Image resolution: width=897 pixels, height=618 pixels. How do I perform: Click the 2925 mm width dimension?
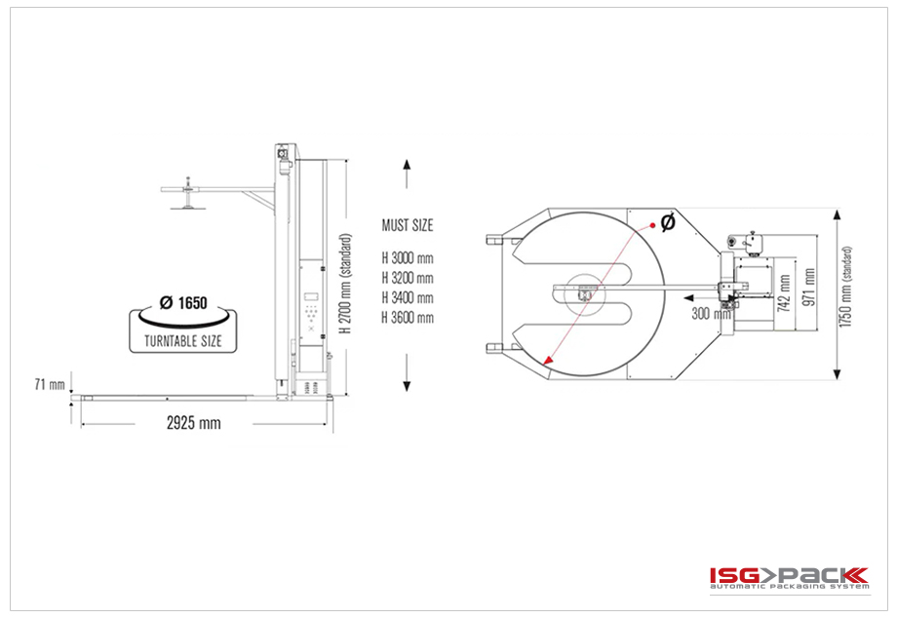pyautogui.click(x=193, y=424)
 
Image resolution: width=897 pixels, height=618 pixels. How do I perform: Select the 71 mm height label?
pyautogui.click(x=50, y=385)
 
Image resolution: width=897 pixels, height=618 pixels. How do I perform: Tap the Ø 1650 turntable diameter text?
pyautogui.click(x=183, y=302)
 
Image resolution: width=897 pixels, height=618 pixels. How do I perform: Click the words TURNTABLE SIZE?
pyautogui.click(x=183, y=341)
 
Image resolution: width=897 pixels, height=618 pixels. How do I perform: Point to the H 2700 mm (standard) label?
pyautogui.click(x=345, y=284)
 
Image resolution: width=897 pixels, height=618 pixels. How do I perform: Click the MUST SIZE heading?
pyautogui.click(x=408, y=225)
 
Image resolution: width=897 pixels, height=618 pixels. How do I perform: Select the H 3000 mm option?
pyautogui.click(x=408, y=258)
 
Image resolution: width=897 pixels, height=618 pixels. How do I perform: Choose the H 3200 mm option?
pyautogui.click(x=408, y=279)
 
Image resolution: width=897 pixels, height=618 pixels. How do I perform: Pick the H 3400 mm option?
pyautogui.click(x=408, y=298)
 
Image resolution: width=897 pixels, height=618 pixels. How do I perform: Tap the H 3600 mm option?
pyautogui.click(x=408, y=318)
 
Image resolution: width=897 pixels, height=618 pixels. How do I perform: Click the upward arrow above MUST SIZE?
pyautogui.click(x=407, y=174)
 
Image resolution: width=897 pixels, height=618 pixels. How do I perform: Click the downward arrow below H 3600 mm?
pyautogui.click(x=407, y=372)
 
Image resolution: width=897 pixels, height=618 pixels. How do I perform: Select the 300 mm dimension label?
pyautogui.click(x=711, y=313)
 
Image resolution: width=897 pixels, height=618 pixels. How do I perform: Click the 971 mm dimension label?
pyautogui.click(x=809, y=287)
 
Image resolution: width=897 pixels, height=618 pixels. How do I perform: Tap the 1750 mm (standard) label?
pyautogui.click(x=846, y=287)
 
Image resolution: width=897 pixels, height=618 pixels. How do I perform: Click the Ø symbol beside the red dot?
pyautogui.click(x=668, y=222)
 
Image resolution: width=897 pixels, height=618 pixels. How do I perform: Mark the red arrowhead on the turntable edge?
pyautogui.click(x=548, y=360)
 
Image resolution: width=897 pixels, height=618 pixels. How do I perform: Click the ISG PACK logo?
pyautogui.click(x=790, y=577)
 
